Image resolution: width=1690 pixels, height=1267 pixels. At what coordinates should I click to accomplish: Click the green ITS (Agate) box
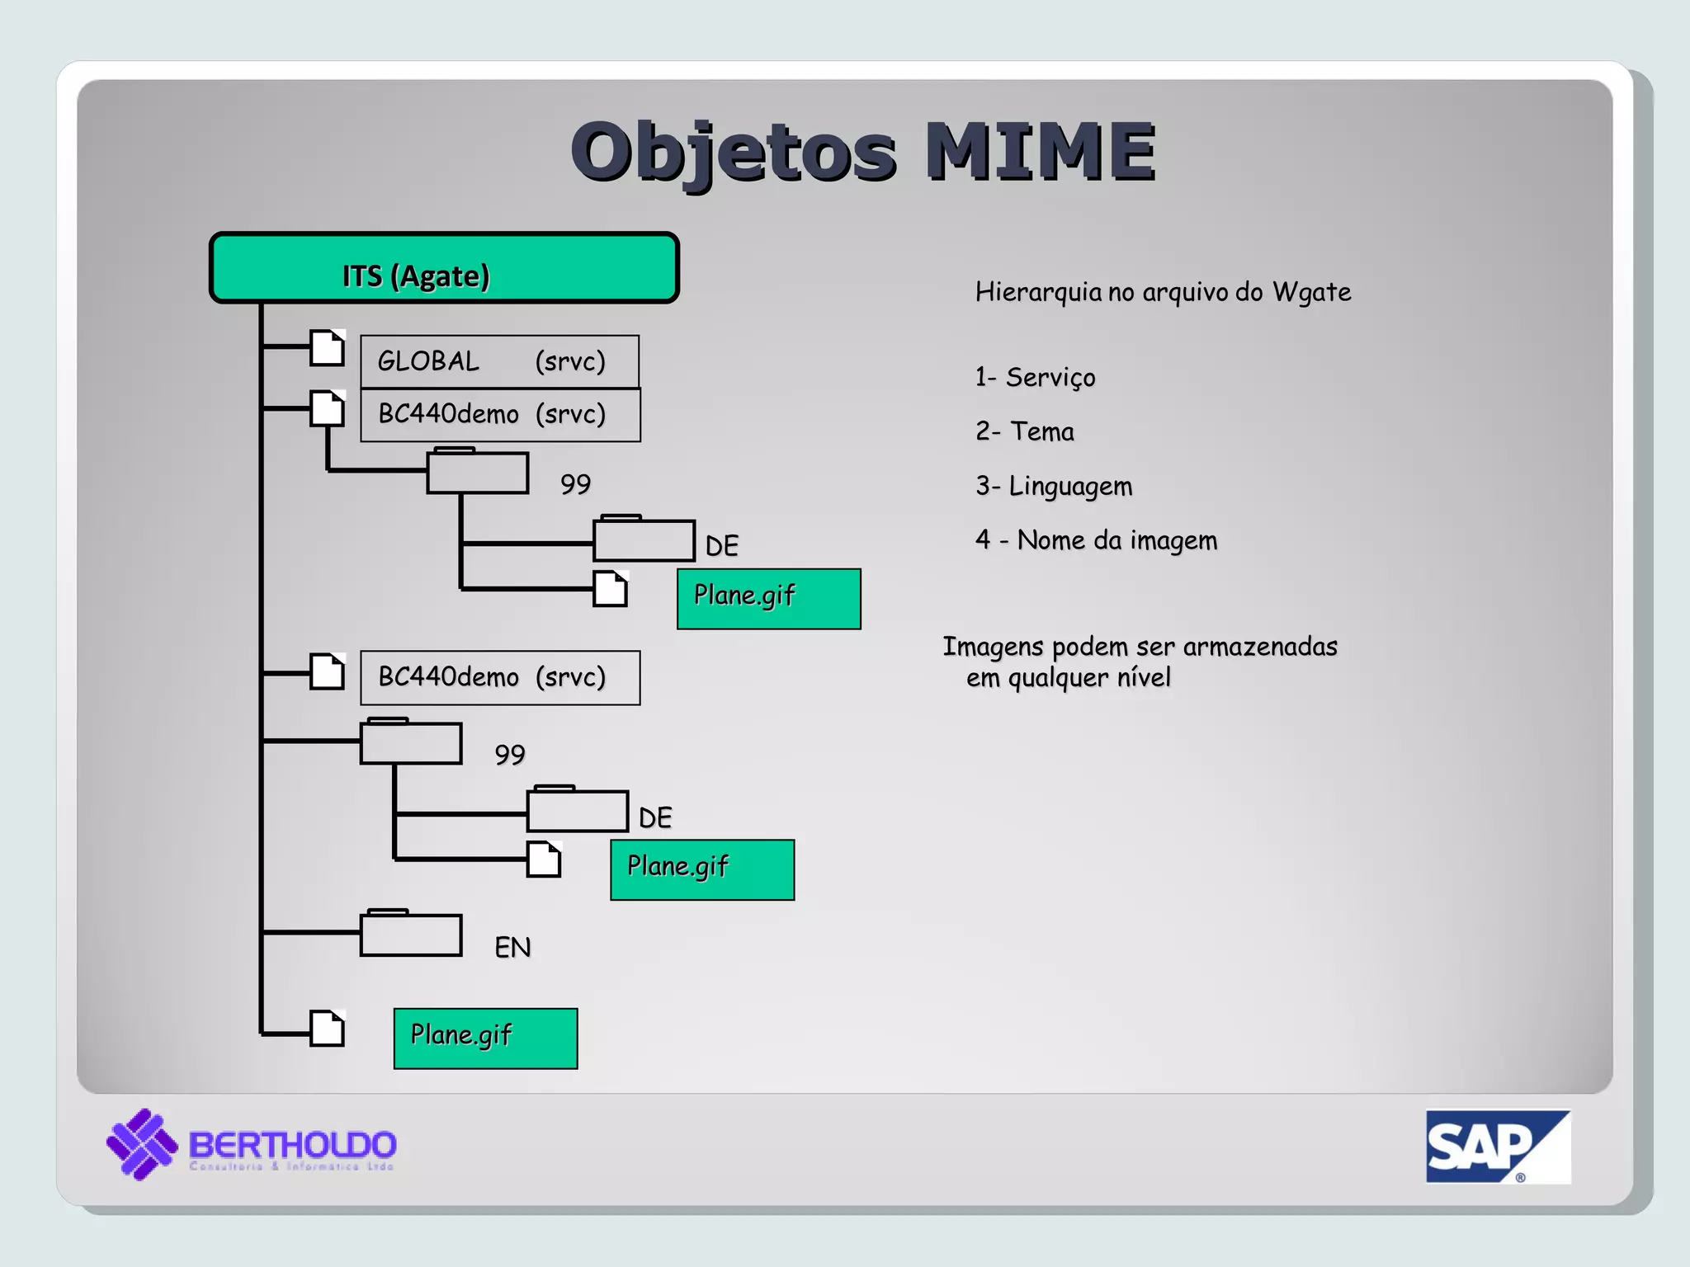coord(444,269)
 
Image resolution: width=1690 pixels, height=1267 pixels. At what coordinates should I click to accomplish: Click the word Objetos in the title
coord(733,153)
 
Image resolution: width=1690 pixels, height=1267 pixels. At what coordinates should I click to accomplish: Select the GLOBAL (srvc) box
coord(499,361)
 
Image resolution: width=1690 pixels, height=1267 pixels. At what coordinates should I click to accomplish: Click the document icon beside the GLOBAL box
coord(327,347)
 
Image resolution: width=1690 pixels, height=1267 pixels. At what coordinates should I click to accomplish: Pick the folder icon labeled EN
coord(411,934)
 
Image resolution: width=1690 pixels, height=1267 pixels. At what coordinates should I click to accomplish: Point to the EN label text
coord(512,947)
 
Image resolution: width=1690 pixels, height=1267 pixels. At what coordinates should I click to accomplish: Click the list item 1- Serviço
coord(1035,377)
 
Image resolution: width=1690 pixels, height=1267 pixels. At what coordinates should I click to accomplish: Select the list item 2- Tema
coord(1024,431)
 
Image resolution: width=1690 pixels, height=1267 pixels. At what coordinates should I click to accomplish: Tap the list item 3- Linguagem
coord(1053,486)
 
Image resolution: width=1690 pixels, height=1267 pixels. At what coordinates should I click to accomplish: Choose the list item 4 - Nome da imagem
coord(1096,540)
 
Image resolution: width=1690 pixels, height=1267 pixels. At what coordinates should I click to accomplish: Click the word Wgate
coord(1311,292)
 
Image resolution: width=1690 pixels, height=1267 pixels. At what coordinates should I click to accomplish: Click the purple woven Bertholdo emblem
coord(142,1144)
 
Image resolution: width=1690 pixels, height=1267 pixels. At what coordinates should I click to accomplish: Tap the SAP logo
coord(1497,1147)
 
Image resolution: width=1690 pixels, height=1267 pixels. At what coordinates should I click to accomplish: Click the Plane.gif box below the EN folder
coord(485,1039)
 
